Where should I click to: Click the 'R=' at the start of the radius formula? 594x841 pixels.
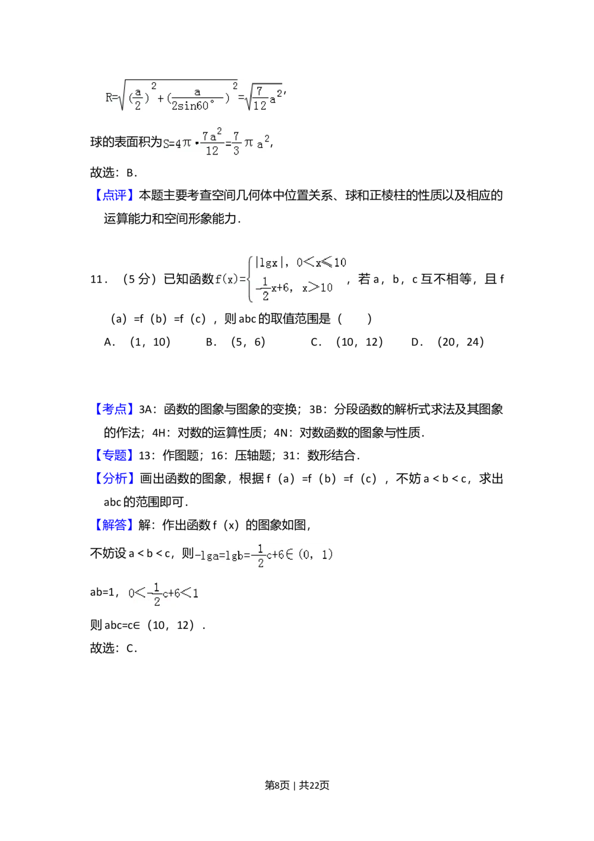110,97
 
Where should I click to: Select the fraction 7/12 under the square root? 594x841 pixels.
260,99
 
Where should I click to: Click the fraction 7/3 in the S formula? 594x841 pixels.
236,144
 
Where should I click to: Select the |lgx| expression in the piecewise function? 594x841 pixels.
267,263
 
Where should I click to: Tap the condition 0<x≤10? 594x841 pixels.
321,263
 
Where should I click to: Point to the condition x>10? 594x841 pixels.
317,288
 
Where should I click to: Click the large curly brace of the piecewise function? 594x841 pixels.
249,279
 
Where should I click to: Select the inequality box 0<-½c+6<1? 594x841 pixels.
162,593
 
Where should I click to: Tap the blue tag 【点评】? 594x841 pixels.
114,195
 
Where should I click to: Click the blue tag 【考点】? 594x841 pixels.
114,409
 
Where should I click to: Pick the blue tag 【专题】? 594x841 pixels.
114,456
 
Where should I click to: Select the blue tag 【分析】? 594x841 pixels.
114,478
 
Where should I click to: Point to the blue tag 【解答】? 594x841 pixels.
114,525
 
